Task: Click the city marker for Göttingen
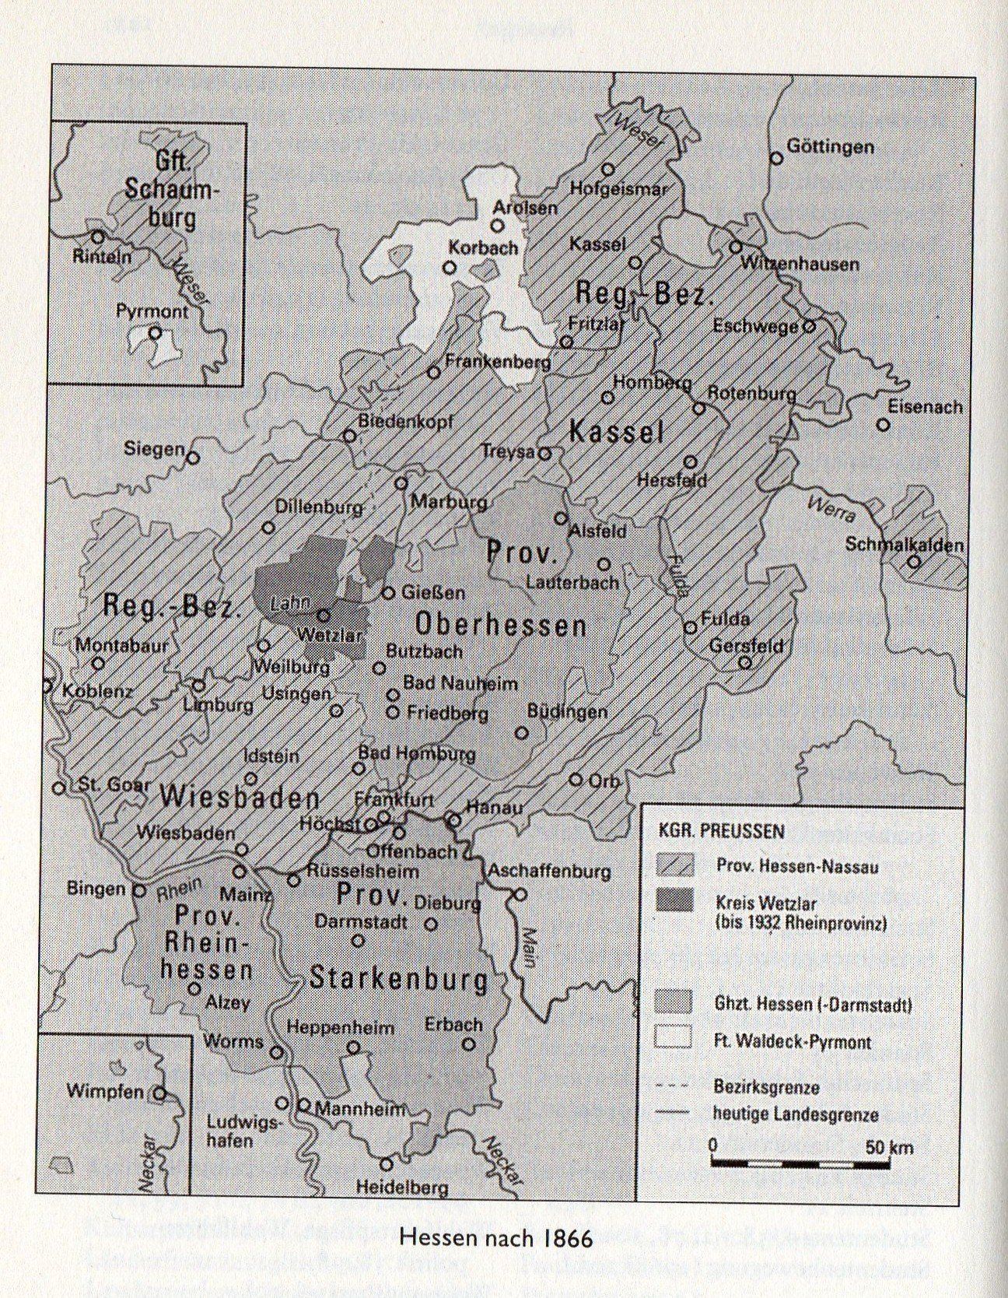coord(775,159)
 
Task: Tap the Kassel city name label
coord(597,244)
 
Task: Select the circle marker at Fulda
coord(690,627)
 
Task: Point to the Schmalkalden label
coord(905,545)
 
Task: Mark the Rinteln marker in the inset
coord(98,237)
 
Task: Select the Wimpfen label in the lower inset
coord(105,1091)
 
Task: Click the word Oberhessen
coord(500,624)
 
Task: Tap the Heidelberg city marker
coord(387,1164)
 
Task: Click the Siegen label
coord(155,449)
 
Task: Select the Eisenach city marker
coord(883,425)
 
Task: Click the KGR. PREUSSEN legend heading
coord(719,831)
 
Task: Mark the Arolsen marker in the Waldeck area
coord(497,226)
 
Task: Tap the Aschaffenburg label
coord(548,872)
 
